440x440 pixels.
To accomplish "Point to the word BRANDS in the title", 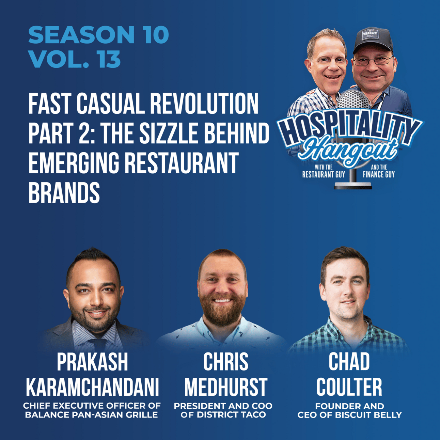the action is pos(64,192).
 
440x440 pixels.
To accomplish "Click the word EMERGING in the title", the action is pos(74,163).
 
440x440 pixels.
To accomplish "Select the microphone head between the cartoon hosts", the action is pos(353,100).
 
